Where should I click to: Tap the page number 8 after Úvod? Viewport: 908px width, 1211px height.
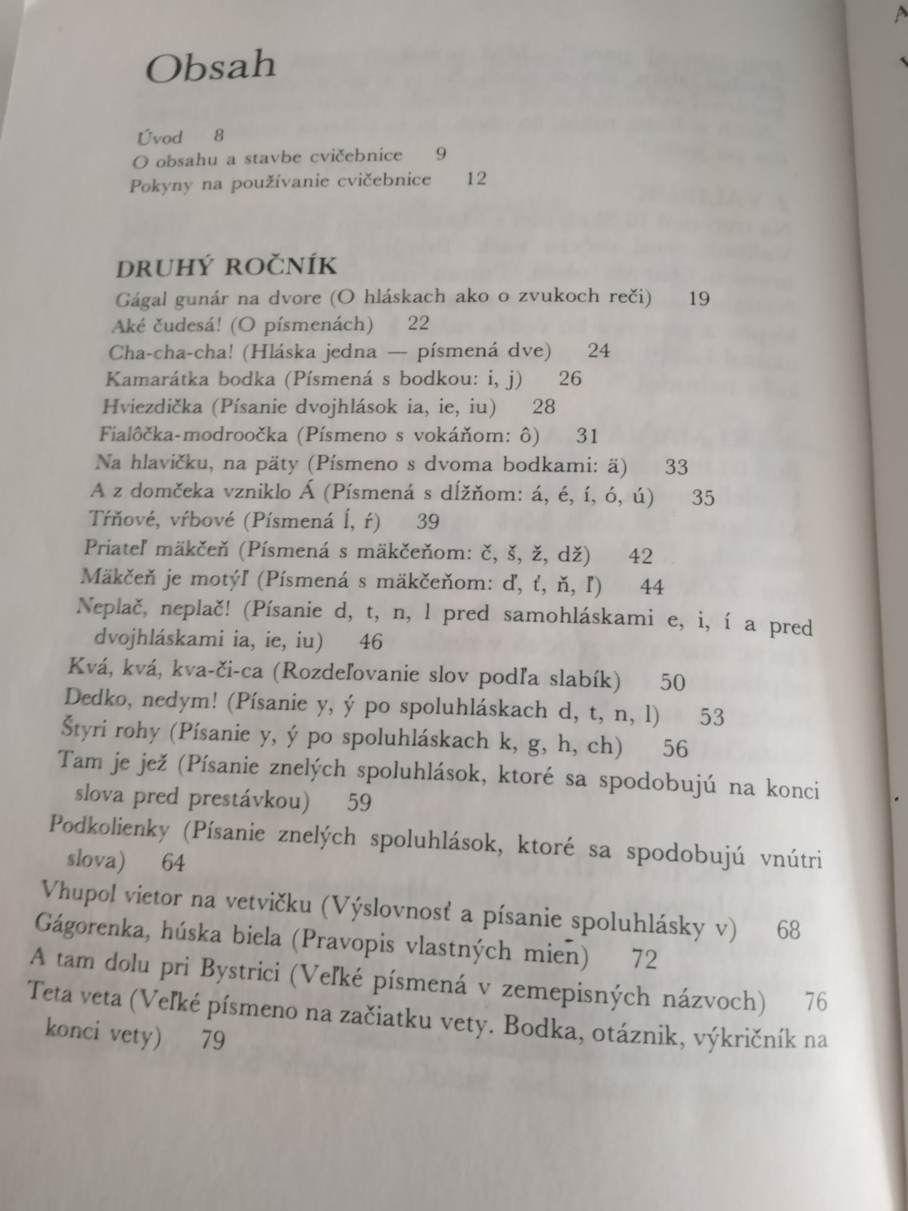click(219, 136)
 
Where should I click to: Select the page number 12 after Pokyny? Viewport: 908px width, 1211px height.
click(476, 179)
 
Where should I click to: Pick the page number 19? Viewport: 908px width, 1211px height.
click(699, 297)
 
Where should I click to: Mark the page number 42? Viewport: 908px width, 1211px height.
click(640, 556)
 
